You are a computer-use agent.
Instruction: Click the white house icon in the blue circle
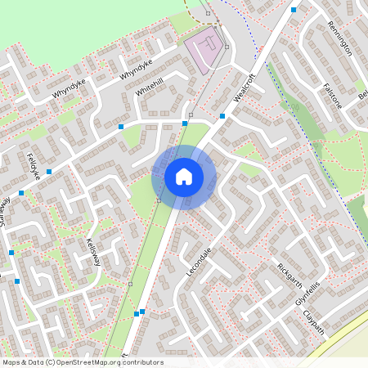coord(184,176)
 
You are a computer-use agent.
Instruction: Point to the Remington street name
coord(339,38)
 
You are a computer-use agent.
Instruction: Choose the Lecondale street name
coord(200,261)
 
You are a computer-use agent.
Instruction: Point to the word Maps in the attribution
coord(11,362)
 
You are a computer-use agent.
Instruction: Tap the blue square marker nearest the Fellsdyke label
coord(49,172)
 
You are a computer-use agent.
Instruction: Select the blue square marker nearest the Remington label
coord(294,10)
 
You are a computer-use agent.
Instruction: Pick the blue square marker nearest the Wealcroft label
coord(222,116)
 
